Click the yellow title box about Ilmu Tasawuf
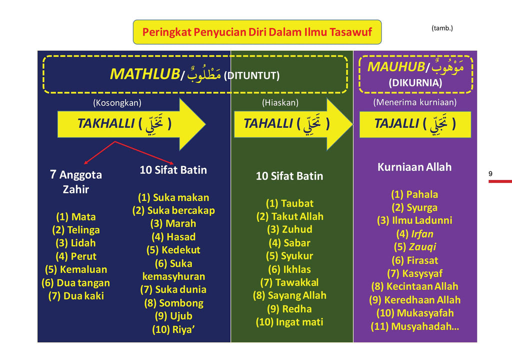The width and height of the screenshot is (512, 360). coord(257,32)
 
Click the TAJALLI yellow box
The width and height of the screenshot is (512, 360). coord(415,124)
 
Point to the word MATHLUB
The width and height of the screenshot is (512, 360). coord(145,74)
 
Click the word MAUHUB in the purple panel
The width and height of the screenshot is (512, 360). coord(396,66)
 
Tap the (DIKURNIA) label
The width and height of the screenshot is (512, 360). coord(415,82)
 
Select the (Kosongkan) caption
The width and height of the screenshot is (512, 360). coord(117,103)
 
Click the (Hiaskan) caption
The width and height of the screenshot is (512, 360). coord(280,102)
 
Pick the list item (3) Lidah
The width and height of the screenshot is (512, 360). coord(76,243)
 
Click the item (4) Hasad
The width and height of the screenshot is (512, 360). coord(173,237)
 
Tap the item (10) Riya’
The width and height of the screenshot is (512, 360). coord(173,329)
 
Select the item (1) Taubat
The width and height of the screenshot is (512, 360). coord(289,203)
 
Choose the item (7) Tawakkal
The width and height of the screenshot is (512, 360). coord(289,282)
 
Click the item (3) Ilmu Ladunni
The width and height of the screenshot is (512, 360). coord(414,220)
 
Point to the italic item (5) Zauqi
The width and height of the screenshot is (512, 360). coord(414,247)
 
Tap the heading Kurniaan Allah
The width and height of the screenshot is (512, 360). coord(414,167)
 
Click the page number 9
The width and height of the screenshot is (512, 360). coord(490,173)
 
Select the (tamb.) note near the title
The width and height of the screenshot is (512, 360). coord(442,28)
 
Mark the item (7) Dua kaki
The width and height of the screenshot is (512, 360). coord(76,296)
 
